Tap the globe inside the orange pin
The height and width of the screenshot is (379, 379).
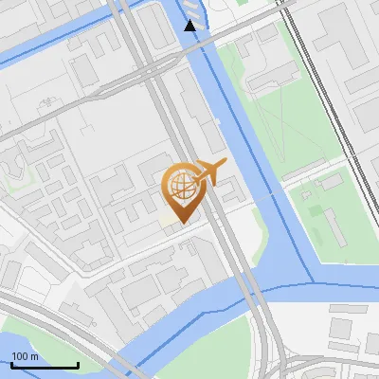coord(180,184)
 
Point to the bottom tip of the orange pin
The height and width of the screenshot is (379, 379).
coord(180,223)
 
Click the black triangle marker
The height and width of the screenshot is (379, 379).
coord(190,26)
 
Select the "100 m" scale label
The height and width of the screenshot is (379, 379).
coord(26,356)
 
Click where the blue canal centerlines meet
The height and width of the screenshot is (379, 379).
coord(313,282)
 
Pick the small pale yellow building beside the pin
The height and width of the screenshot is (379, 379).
coord(168,220)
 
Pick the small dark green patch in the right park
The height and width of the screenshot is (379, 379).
coord(307,197)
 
